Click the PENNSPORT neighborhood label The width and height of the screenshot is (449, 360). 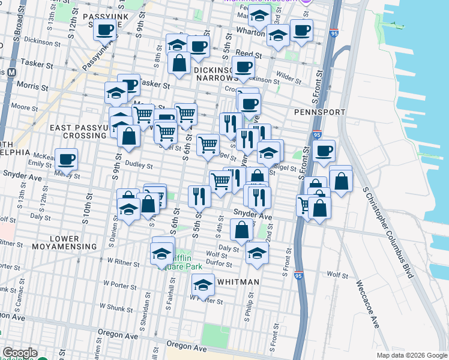tap(319, 112)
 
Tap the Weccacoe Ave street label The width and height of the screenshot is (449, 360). tap(367, 304)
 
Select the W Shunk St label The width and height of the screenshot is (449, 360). tap(120, 307)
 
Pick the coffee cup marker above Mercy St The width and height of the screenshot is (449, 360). tap(67, 159)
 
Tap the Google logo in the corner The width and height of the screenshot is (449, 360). tap(19, 353)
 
